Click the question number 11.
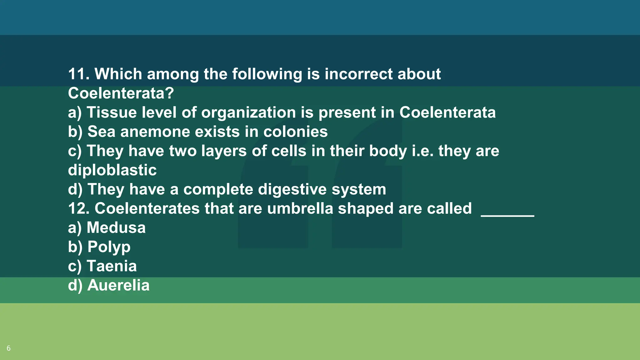[x=78, y=74]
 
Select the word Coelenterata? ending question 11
[x=121, y=93]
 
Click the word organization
[x=248, y=113]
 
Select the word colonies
[x=295, y=132]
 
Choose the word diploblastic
[x=112, y=170]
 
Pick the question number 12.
[x=78, y=209]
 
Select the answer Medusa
[x=116, y=228]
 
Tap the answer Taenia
[x=112, y=266]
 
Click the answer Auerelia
[x=118, y=286]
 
